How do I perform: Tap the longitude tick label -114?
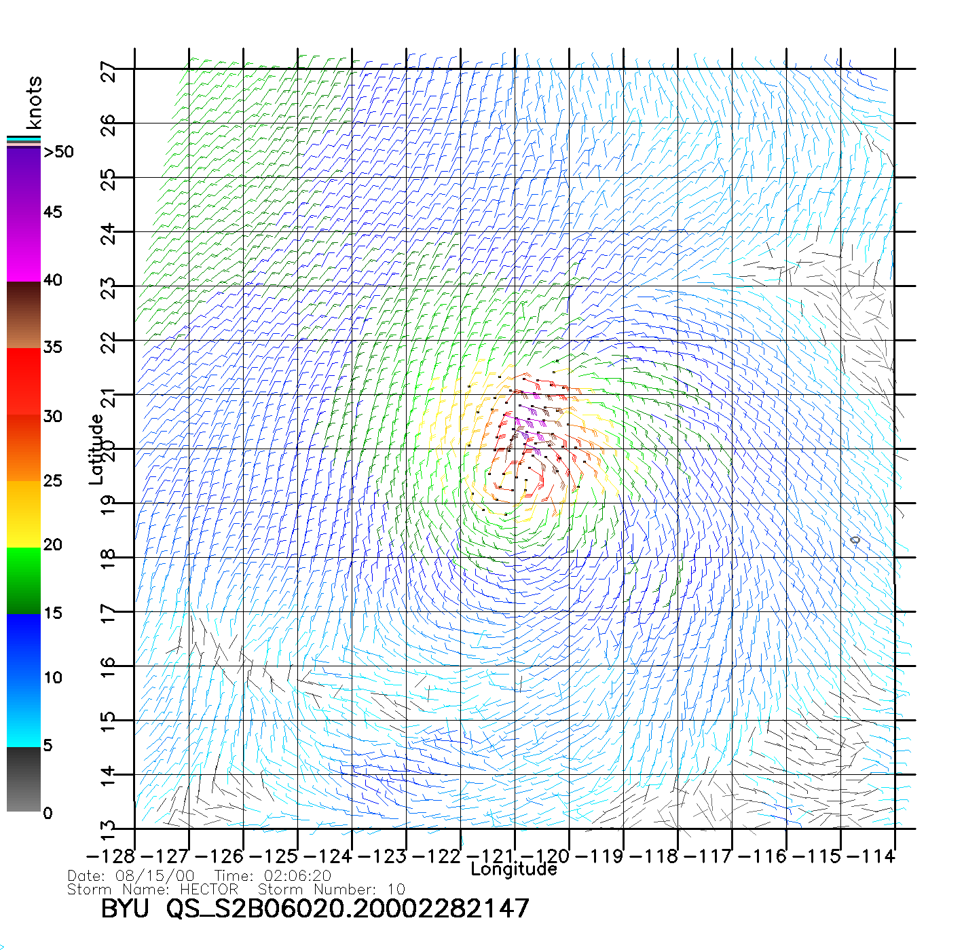pyautogui.click(x=872, y=856)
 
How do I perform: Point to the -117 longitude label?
pyautogui.click(x=709, y=856)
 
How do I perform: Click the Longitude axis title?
pyautogui.click(x=514, y=869)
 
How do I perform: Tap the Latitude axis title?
pyautogui.click(x=96, y=449)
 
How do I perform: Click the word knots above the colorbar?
pyautogui.click(x=34, y=102)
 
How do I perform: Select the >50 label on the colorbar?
pyautogui.click(x=58, y=152)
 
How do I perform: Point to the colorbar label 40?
pyautogui.click(x=53, y=280)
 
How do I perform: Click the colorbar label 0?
pyautogui.click(x=48, y=814)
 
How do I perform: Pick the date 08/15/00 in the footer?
pyautogui.click(x=155, y=876)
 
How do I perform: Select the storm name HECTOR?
pyautogui.click(x=209, y=889)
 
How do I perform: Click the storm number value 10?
pyautogui.click(x=396, y=889)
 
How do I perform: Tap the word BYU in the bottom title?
pyautogui.click(x=125, y=909)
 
